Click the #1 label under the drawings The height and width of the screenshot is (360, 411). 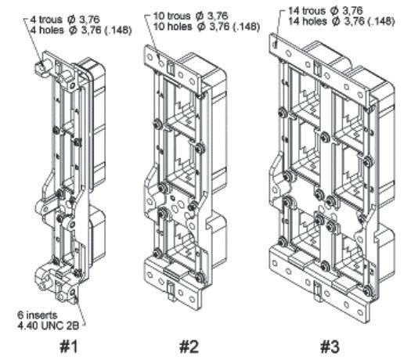pos(69,347)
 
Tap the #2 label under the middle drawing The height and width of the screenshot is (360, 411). pos(189,347)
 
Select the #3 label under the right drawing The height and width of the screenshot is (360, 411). pos(330,347)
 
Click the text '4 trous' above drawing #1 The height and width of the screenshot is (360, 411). pos(46,20)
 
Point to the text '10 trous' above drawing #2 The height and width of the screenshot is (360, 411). pos(171,16)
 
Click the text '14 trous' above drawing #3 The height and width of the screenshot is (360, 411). pos(307,11)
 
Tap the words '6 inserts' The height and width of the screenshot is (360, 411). pos(38,315)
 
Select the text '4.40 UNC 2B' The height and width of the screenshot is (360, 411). pos(48,326)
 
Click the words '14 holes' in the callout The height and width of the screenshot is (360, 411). pos(308,21)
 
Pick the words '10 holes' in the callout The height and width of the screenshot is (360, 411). pos(172,27)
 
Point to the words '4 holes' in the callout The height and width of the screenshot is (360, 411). pos(47,31)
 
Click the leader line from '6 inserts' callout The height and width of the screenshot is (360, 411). pos(80,310)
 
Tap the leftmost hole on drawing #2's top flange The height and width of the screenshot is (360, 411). pos(150,57)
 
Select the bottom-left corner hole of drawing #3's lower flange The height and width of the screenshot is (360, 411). pos(275,263)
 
